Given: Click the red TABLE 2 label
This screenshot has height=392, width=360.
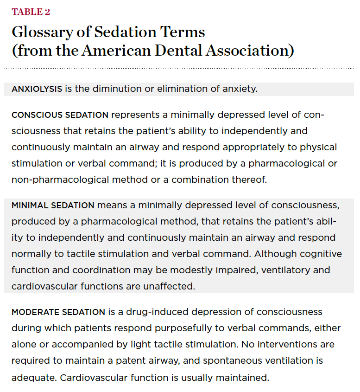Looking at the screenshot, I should pyautogui.click(x=31, y=12).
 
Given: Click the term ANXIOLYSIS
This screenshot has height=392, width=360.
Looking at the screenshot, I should pyautogui.click(x=37, y=89).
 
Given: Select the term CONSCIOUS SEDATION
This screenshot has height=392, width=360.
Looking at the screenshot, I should pyautogui.click(x=60, y=115).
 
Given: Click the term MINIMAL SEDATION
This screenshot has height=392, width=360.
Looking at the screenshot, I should pyautogui.click(x=53, y=205).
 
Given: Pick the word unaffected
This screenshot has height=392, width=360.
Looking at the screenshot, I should pyautogui.click(x=169, y=286).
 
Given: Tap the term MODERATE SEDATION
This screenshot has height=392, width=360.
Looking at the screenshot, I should pyautogui.click(x=58, y=312).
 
